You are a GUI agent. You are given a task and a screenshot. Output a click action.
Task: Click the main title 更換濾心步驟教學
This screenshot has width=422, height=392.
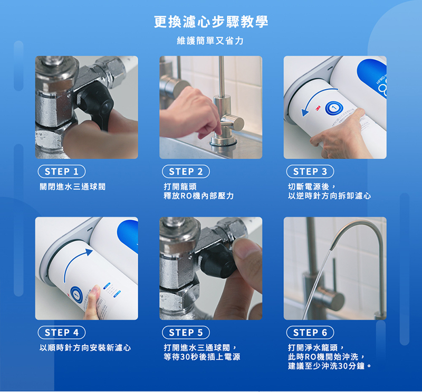coord(211,22)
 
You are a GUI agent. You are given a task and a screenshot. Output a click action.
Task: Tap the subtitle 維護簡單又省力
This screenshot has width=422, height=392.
coord(210,41)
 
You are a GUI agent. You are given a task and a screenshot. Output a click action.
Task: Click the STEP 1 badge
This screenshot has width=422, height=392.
coord(62,172)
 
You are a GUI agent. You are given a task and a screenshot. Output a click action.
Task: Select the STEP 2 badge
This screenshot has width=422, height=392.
coord(186,172)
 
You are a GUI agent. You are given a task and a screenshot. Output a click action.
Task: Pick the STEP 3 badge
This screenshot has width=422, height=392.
coord(310,172)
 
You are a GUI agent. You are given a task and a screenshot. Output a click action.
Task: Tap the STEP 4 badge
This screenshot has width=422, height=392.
coord(62,332)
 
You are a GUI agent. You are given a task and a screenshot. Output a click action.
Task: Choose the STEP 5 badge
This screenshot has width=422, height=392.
coord(186,332)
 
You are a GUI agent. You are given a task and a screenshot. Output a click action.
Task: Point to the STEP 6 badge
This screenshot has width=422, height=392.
coord(310,332)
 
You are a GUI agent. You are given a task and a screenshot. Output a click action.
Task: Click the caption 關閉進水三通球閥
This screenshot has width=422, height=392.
coord(73,186)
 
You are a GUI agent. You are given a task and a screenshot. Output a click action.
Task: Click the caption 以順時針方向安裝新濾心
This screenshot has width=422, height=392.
coord(85,348)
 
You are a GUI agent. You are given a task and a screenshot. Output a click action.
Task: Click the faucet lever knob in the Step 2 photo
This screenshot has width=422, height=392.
coord(232,122)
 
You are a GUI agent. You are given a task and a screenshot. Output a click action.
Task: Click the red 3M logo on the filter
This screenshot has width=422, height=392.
coord(318,108)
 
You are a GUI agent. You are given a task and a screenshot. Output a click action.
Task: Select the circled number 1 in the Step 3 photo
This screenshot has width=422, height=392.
coord(334,108)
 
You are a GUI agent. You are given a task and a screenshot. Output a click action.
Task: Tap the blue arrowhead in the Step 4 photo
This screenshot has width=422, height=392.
coord(89,253)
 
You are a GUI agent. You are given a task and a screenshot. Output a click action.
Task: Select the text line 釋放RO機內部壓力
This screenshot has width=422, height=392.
coord(199,195)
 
